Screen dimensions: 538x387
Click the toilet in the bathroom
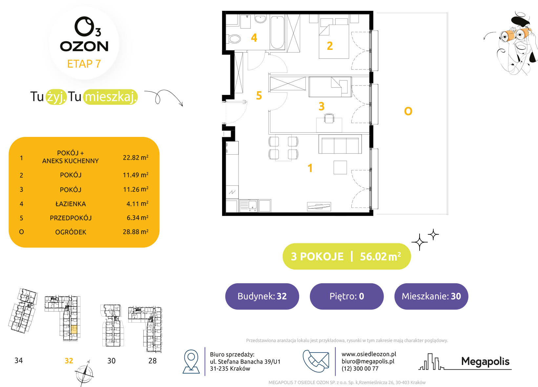click(x=234, y=39)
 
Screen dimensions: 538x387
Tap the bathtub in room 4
click(x=277, y=32)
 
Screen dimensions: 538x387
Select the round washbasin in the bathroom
click(x=260, y=19)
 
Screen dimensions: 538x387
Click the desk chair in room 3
click(x=329, y=118)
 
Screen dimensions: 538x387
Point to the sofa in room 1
click(x=340, y=144)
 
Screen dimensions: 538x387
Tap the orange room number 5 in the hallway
click(x=259, y=96)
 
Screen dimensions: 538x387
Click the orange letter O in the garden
click(x=408, y=111)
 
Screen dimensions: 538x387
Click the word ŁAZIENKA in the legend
click(x=71, y=204)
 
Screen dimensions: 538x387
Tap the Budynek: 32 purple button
click(x=262, y=296)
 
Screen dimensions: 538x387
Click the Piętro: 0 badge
click(x=346, y=296)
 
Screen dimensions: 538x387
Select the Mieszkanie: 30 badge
click(x=431, y=296)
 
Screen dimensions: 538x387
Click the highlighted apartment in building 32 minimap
click(x=74, y=330)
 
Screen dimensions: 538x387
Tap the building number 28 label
click(x=153, y=360)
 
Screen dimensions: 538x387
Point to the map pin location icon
click(x=191, y=361)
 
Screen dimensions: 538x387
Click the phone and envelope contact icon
click(x=316, y=361)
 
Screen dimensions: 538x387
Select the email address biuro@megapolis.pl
click(x=368, y=361)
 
